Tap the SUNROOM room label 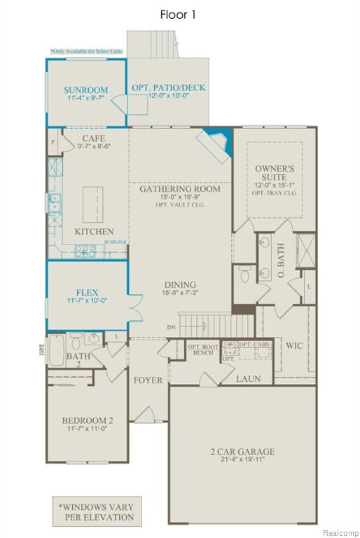coord(85,90)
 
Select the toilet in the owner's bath coord(244,273)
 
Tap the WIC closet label coord(293,345)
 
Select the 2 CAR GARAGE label coord(242,452)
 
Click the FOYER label coord(148,380)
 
